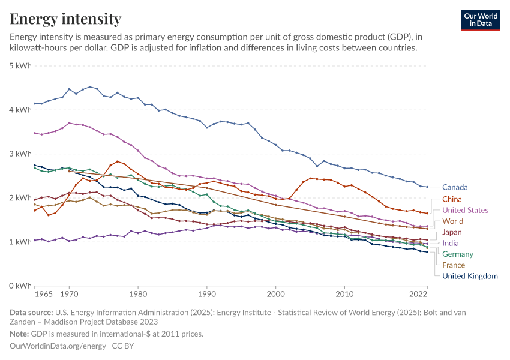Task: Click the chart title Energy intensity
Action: click(x=65, y=19)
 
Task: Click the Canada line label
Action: click(x=454, y=187)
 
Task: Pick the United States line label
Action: click(x=465, y=211)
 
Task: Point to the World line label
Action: click(x=452, y=221)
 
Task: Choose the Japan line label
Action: click(x=452, y=232)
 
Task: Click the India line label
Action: click(x=451, y=243)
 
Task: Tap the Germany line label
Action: click(x=458, y=254)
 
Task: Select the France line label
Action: click(x=454, y=265)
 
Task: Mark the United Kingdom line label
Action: click(x=470, y=276)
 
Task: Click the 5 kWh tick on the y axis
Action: click(x=20, y=65)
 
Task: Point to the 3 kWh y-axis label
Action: click(x=20, y=154)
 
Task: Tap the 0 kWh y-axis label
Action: click(x=20, y=286)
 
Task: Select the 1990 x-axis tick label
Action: click(x=206, y=295)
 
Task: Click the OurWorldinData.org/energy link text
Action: click(x=56, y=346)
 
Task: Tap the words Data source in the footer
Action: click(x=31, y=312)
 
